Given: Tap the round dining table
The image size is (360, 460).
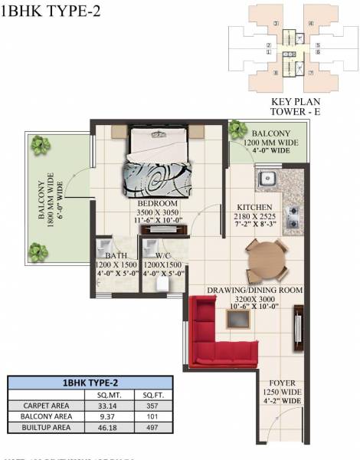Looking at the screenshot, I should tap(266, 260).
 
